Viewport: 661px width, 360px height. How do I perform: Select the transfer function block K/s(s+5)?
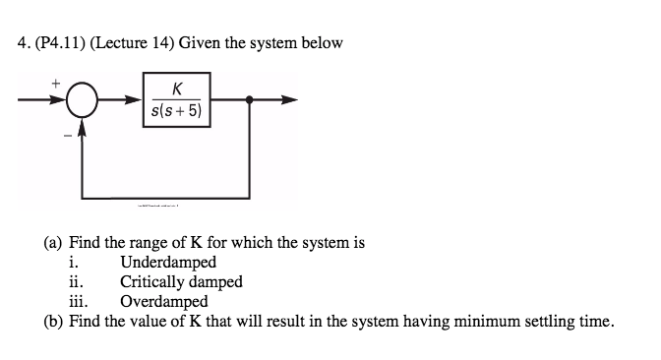coord(177,99)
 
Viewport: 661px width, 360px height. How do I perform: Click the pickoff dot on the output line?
coord(251,99)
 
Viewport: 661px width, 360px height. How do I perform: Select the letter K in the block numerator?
coord(177,90)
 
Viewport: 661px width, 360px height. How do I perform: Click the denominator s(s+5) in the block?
coord(177,110)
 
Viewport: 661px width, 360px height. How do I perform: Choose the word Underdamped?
coord(168,263)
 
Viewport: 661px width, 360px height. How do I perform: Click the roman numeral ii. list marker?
coord(75,282)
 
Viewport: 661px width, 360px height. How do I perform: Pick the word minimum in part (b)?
coord(485,321)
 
